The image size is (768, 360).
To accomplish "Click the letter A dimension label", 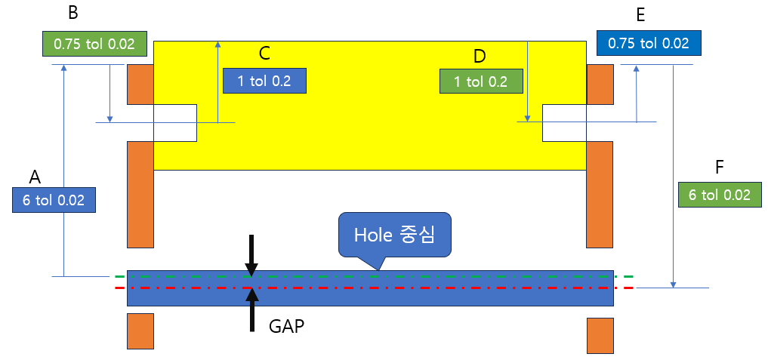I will point(35,177).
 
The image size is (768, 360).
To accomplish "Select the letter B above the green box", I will point(73,13).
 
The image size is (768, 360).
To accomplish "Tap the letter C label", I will point(264,54).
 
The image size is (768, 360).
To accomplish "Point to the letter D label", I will point(480,57).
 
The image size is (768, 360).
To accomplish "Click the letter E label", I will point(640,14).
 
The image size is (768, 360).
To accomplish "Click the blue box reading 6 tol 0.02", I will point(54,200).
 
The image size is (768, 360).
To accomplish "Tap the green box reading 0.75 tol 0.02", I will point(94,44).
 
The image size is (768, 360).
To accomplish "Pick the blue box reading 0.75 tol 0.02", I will point(649,43).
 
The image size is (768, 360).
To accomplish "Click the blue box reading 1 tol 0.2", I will point(264,81).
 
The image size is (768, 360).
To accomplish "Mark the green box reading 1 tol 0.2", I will point(480,82).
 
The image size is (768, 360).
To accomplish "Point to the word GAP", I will point(287,327).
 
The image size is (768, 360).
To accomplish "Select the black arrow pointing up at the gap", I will point(251,309).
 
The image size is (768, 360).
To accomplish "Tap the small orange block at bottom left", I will point(140,331).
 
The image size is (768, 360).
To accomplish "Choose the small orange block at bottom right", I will point(600,335).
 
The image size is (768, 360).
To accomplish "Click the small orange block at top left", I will point(140,84).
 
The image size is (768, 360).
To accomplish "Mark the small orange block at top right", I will point(600,84).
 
